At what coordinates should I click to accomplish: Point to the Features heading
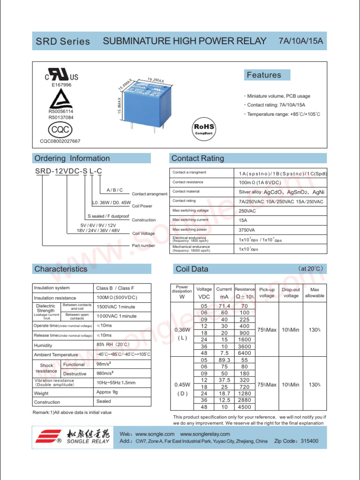coord(264,75)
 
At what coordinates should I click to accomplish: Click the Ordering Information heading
coord(72,158)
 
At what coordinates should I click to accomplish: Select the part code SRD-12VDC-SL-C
coord(68,172)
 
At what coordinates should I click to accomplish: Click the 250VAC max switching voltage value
coord(247,211)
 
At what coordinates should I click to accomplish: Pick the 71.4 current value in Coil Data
coord(225,306)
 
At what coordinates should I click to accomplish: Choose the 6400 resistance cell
coord(245,353)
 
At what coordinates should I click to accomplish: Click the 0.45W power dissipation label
coord(182,385)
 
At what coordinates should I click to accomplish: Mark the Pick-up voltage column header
coord(267,292)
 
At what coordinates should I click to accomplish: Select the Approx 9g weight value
coord(104,392)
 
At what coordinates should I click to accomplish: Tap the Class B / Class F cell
coord(115,288)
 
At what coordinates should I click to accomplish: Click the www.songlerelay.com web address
coord(205,434)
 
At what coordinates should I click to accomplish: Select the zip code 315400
coord(309,441)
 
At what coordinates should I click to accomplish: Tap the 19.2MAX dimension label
coord(155,80)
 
